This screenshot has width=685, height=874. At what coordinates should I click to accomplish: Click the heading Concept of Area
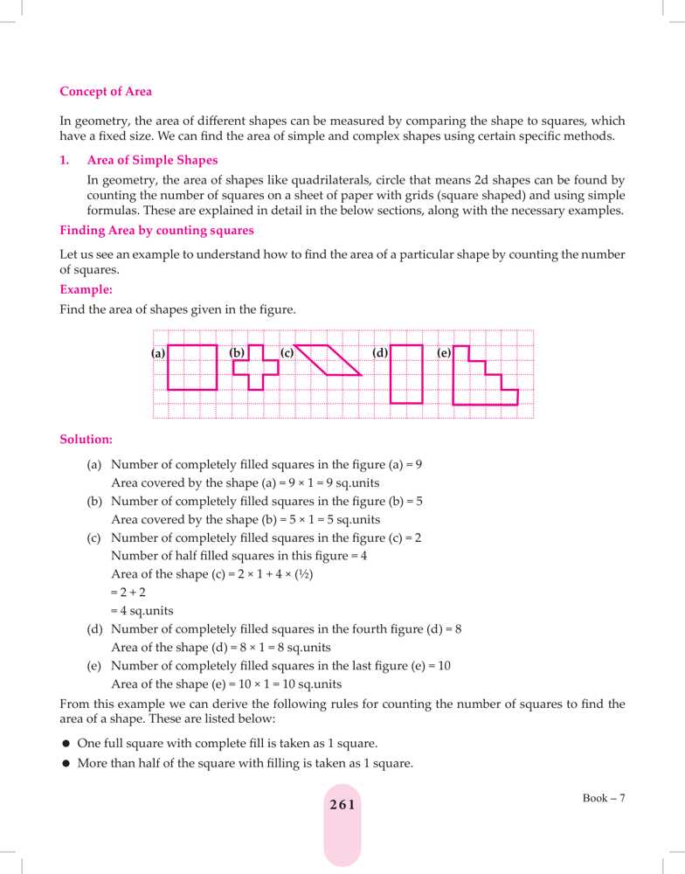click(106, 91)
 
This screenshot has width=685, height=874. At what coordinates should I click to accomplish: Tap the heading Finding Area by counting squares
click(156, 231)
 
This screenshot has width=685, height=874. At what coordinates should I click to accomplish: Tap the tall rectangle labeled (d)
click(406, 373)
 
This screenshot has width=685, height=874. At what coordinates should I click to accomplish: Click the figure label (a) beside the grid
click(157, 353)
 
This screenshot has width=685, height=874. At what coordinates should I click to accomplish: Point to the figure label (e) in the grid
click(444, 353)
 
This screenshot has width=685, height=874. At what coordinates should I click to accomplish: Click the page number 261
click(342, 805)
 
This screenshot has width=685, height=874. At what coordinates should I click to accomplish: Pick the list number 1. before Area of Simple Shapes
click(65, 160)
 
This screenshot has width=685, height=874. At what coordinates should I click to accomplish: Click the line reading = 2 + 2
click(128, 593)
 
